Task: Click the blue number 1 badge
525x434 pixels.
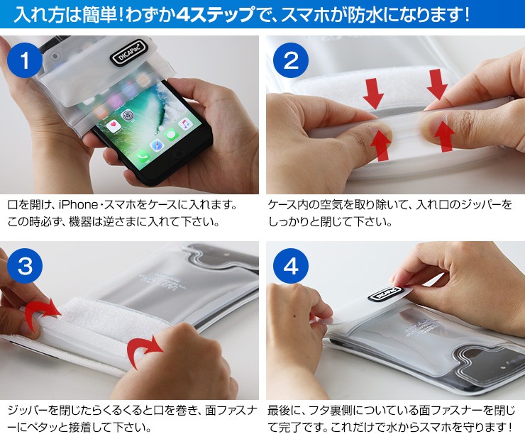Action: coord(25,61)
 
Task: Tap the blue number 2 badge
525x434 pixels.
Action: coord(291,60)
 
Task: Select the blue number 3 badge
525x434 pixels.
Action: coord(25,266)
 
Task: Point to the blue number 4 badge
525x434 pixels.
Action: coord(291,266)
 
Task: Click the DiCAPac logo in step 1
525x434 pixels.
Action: coord(128,52)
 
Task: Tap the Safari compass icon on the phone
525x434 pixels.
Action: coord(157,145)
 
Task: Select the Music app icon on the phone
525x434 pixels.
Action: coord(185,124)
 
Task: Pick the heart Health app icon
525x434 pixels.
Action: coord(113,126)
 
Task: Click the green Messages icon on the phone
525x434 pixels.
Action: coord(171,135)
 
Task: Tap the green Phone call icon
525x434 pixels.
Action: coord(143,156)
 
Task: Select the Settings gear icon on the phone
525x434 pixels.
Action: coord(127,116)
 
